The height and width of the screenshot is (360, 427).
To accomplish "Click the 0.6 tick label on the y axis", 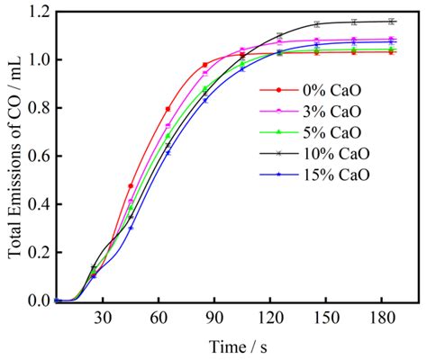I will click(x=38, y=157).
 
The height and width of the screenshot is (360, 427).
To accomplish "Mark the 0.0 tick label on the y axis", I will click(x=38, y=301).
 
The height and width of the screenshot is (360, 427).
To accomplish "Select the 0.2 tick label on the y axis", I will click(x=38, y=253).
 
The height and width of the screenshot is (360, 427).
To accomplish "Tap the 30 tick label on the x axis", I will click(x=103, y=318).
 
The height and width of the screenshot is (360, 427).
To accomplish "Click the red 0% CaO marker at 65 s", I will click(x=168, y=109).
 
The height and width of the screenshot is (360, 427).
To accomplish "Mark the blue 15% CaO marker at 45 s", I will click(x=131, y=228).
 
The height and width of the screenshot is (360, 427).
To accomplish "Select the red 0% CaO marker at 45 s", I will click(x=131, y=186).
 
